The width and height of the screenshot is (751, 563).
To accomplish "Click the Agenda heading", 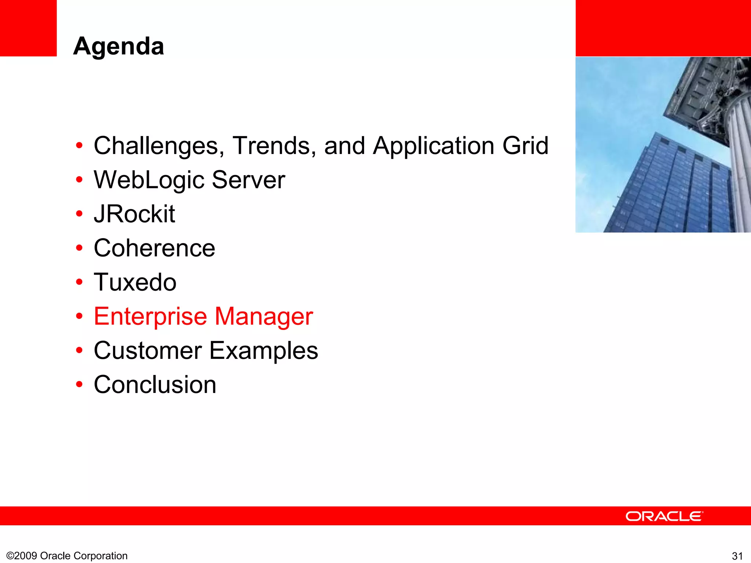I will tap(118, 47).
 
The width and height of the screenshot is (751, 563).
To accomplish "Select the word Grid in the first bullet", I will tap(525, 146).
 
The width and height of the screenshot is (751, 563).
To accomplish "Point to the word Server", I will tap(248, 180).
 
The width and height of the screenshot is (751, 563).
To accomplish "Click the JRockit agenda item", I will tap(134, 214).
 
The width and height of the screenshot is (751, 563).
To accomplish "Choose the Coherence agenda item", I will tap(154, 248).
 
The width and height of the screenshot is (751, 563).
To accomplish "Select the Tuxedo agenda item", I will tap(135, 282).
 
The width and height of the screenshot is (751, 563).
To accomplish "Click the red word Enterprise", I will tap(150, 317).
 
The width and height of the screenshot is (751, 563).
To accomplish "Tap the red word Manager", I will tap(264, 317).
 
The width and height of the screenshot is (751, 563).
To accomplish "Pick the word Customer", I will tap(148, 351).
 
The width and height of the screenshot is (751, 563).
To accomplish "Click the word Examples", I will tap(264, 351).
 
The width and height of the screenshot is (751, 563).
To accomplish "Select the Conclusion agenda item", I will tap(155, 385).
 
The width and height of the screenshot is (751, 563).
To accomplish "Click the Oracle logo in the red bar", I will tap(664, 516).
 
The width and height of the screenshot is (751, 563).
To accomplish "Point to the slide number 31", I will tap(737, 556).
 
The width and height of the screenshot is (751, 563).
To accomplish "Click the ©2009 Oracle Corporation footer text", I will tap(67, 556).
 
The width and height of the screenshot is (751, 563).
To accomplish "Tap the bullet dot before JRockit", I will tap(79, 214).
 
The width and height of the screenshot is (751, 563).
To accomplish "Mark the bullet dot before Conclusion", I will tap(79, 384).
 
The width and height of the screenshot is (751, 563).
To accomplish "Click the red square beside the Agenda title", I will tap(28, 28).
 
